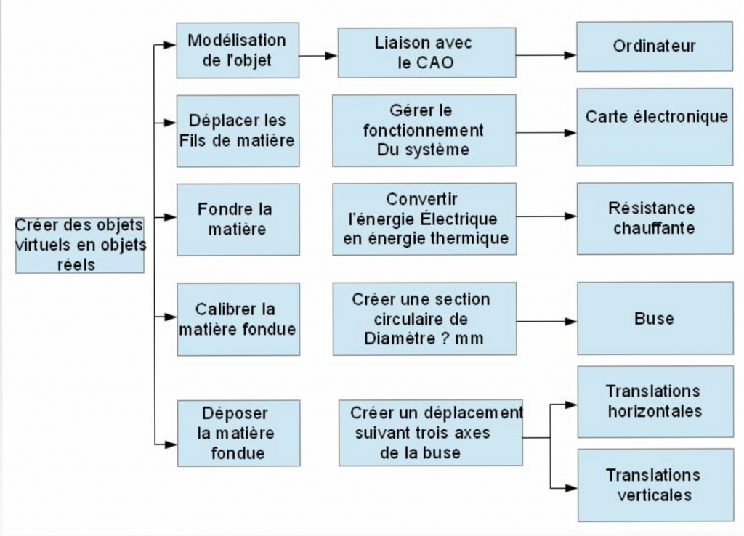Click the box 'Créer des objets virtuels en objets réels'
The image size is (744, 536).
pos(80,244)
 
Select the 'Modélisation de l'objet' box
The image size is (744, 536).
pos(238,50)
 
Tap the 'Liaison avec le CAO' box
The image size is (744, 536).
pos(426,52)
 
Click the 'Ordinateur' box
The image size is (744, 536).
pos(654,46)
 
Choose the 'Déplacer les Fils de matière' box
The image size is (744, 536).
pos(238,131)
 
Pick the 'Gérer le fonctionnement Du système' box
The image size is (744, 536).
pos(424,131)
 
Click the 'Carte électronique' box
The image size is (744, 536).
pos(654,127)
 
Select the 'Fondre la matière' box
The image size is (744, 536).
pos(238,219)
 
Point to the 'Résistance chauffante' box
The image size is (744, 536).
pos(654,218)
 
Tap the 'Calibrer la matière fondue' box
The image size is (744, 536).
pos(238,319)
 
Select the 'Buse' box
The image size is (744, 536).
pos(654,319)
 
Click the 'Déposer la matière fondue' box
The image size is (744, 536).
pos(238,433)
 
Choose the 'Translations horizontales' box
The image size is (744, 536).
pos(654,401)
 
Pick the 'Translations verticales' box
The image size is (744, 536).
pos(654,484)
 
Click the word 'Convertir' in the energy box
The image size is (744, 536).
pos(422,199)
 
